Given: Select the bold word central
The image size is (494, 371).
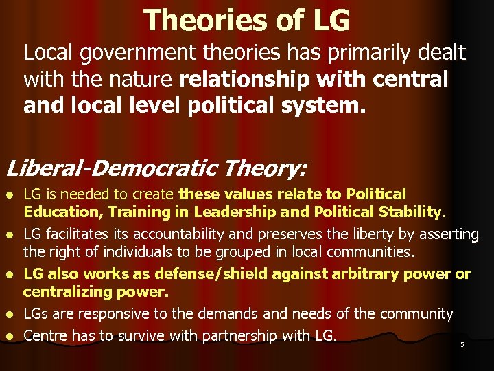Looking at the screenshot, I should coord(411,80).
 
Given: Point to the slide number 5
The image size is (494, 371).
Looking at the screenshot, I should coord(462,345).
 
